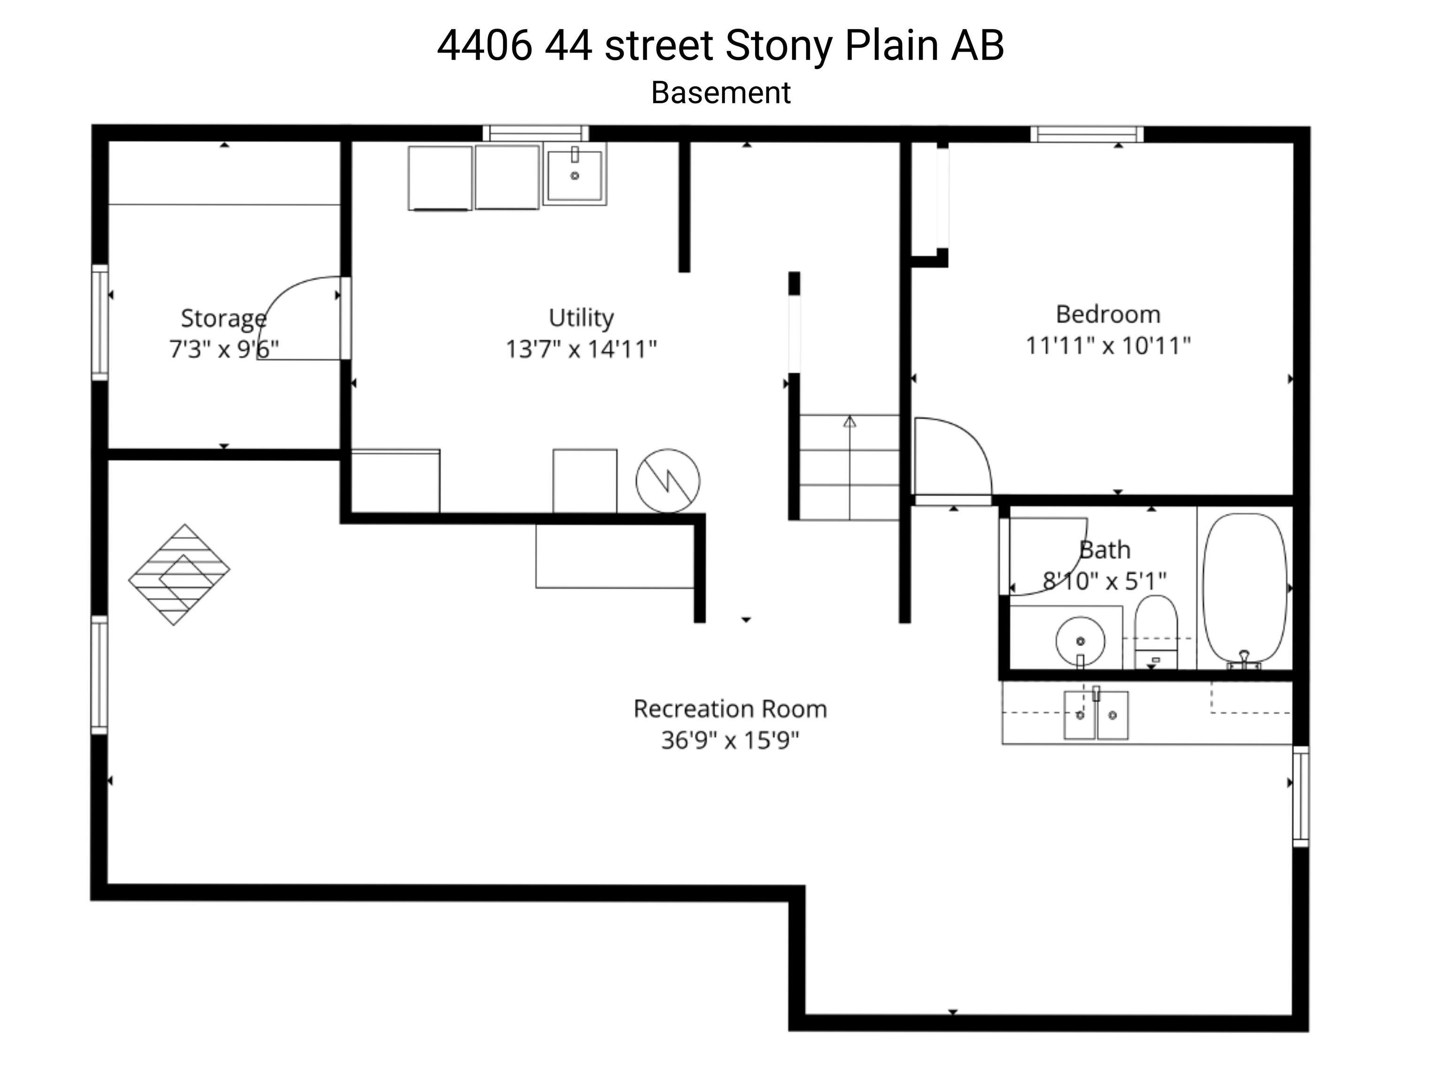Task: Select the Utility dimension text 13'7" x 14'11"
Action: (x=581, y=349)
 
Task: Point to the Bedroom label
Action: (x=1108, y=314)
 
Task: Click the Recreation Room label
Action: (x=730, y=709)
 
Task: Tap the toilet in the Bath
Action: (x=1156, y=632)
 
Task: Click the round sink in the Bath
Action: (x=1080, y=641)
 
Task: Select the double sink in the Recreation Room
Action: (x=1096, y=715)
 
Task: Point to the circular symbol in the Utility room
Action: (x=668, y=481)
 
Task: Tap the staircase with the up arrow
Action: (x=849, y=467)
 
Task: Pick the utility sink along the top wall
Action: (x=574, y=175)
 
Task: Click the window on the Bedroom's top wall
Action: (x=1087, y=134)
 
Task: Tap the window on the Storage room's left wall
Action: (x=100, y=322)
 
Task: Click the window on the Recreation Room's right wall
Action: (x=1301, y=796)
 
